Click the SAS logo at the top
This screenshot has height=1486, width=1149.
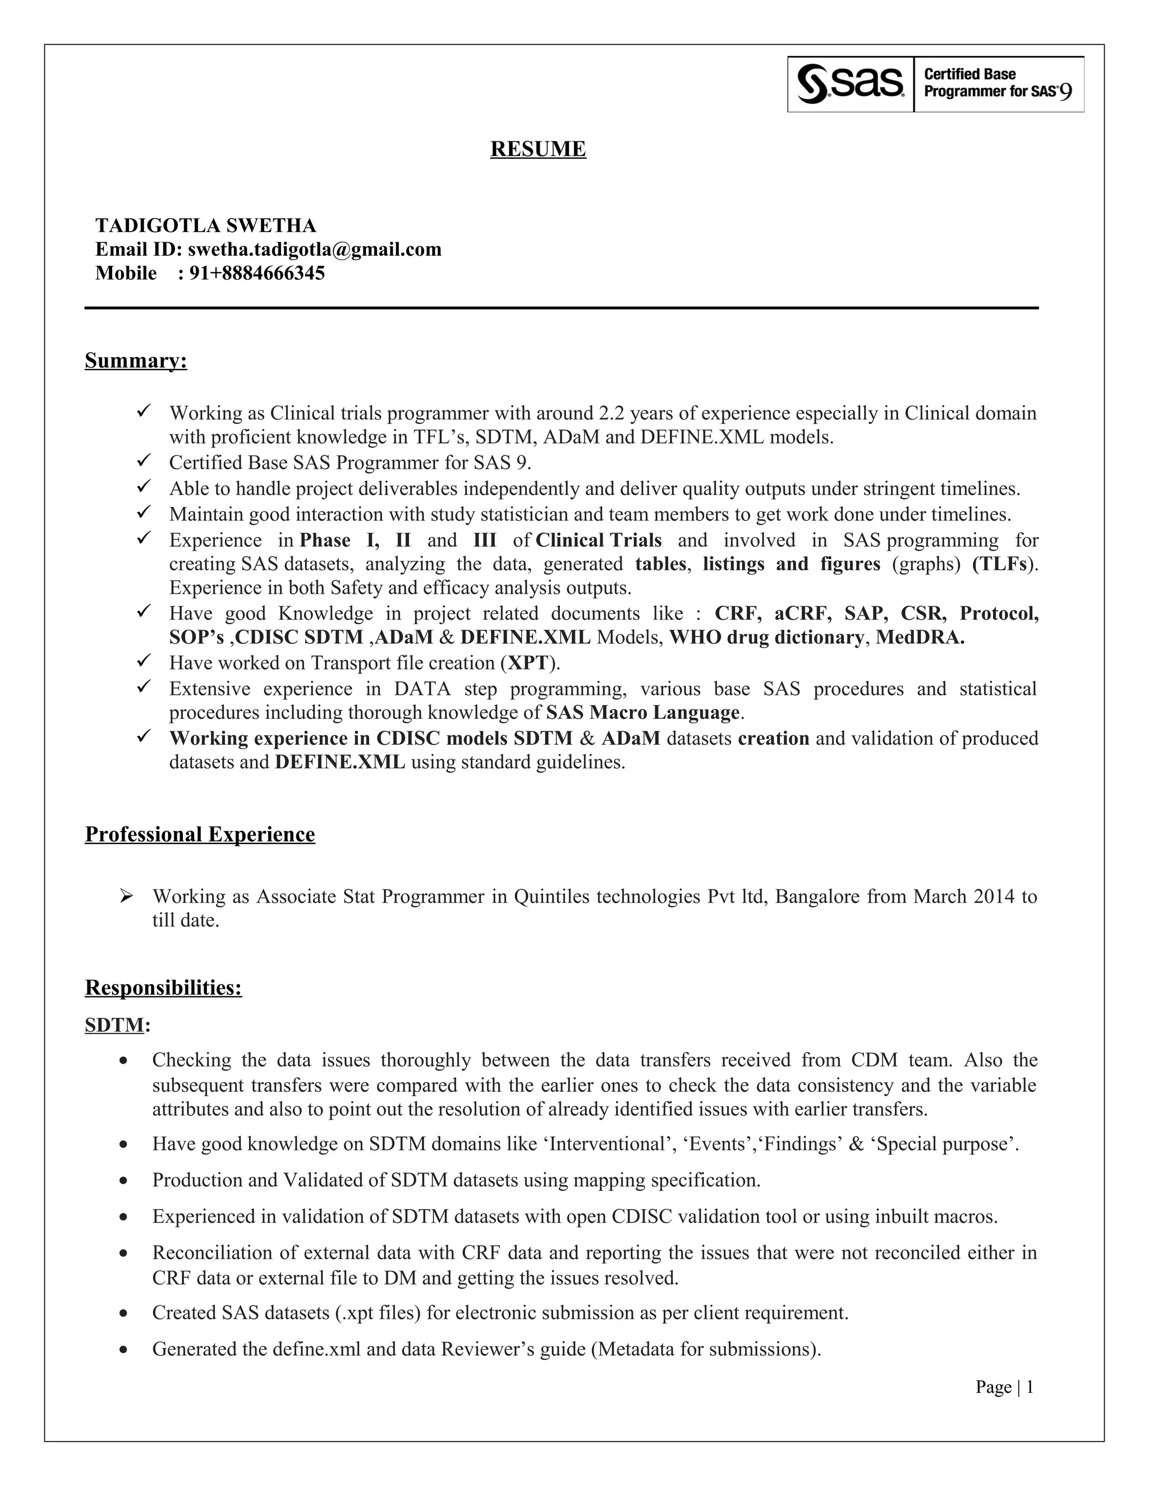point(851,84)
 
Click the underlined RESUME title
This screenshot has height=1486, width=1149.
point(537,149)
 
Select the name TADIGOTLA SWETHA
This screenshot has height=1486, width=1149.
point(205,225)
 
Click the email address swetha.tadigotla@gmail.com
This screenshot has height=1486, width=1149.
point(315,249)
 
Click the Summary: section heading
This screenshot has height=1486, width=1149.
point(135,360)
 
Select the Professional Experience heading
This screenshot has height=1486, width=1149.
point(199,834)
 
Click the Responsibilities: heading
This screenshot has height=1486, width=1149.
point(163,987)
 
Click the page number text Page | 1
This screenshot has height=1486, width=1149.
point(1004,1387)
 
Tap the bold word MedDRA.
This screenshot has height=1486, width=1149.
point(920,638)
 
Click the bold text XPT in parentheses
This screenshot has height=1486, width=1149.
point(527,663)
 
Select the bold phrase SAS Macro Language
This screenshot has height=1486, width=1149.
point(642,712)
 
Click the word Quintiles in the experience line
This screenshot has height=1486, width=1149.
point(551,897)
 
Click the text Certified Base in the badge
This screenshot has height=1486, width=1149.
point(969,74)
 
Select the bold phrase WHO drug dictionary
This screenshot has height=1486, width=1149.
point(766,638)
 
